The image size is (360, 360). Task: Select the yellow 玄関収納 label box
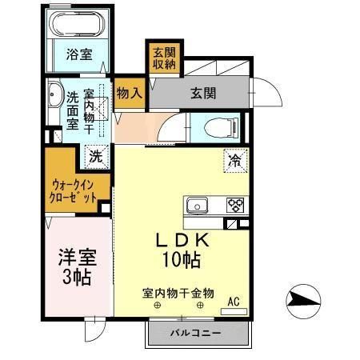(x=163, y=58)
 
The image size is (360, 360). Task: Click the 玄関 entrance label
(x=203, y=93)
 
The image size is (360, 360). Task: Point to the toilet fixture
(x=216, y=126)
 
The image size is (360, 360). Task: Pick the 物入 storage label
(x=129, y=93)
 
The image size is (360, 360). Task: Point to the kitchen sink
(x=198, y=205)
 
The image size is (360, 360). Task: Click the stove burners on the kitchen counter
(x=235, y=205)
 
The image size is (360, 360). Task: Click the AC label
(x=234, y=302)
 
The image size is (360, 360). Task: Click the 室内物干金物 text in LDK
(x=178, y=293)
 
